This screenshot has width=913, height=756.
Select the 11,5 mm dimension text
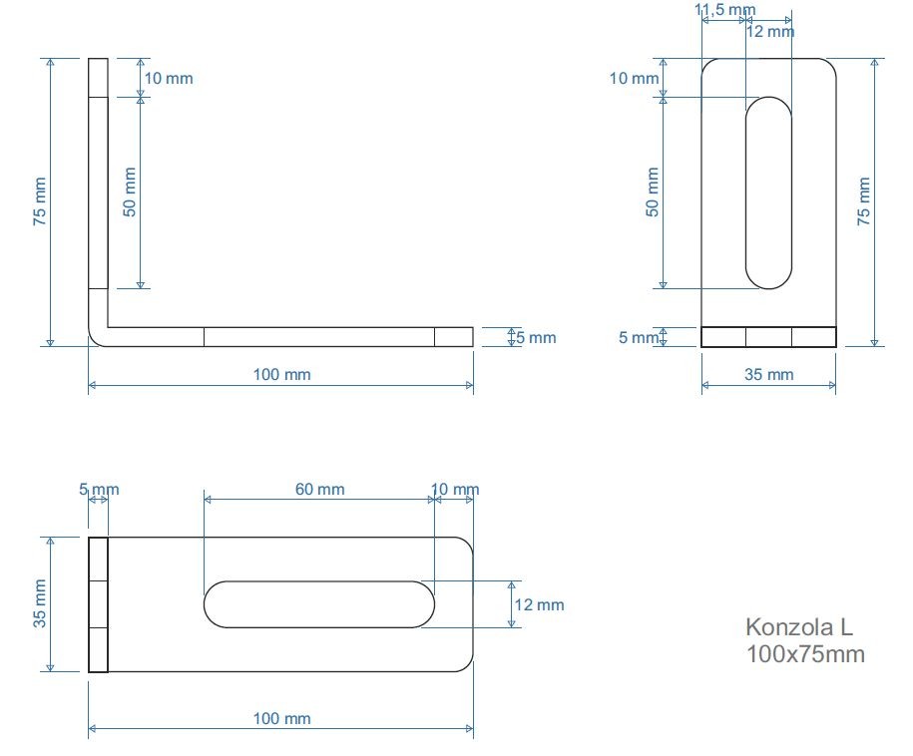(x=724, y=10)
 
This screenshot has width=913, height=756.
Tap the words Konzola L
(x=799, y=628)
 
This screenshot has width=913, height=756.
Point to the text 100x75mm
(x=805, y=654)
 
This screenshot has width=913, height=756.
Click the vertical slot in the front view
(x=768, y=192)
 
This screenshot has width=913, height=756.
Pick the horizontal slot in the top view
(x=319, y=603)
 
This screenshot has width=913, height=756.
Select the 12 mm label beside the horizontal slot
(x=539, y=604)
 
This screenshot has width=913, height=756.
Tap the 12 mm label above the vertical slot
(x=770, y=31)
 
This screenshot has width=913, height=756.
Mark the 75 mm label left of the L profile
(x=40, y=202)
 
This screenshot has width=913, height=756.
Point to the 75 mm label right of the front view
(x=864, y=202)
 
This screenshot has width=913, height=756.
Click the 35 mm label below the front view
(x=768, y=374)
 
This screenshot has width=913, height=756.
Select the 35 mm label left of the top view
(x=40, y=603)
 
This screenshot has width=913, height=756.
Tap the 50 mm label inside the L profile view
(x=130, y=192)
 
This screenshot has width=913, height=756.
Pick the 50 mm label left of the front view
(x=653, y=192)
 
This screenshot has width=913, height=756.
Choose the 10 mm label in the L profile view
(x=169, y=78)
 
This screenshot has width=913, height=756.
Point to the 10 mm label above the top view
(x=454, y=489)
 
